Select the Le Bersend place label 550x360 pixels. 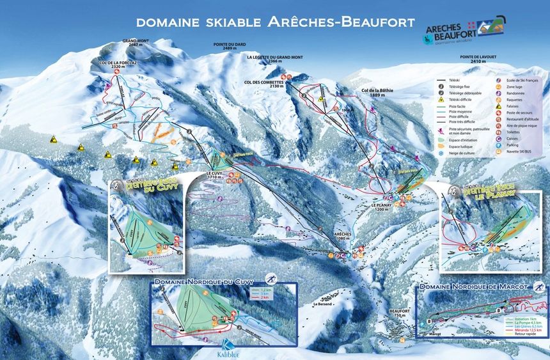click(324, 304)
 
